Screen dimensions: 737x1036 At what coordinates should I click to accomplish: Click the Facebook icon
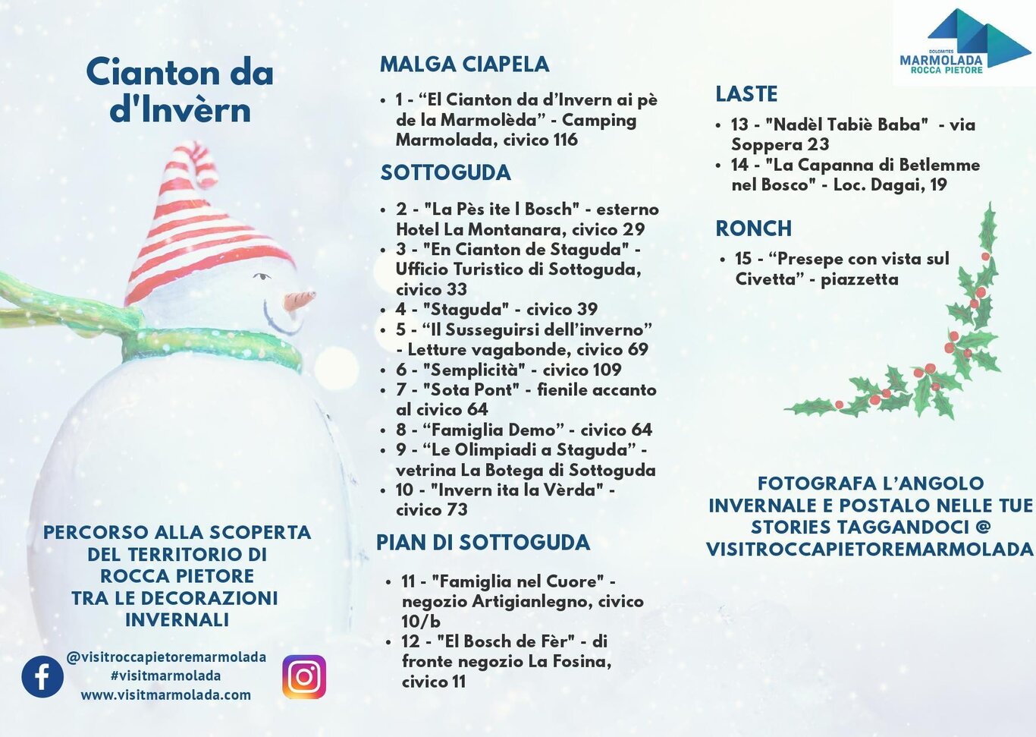(x=42, y=676)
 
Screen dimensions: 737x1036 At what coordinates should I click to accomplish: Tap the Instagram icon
(x=304, y=676)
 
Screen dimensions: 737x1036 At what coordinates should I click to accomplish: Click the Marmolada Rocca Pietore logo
(x=962, y=42)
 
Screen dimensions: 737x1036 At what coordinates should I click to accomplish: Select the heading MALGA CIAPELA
(x=464, y=65)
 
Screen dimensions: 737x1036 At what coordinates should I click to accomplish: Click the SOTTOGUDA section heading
(x=445, y=173)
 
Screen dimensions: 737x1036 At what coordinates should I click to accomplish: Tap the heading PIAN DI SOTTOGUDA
(x=483, y=543)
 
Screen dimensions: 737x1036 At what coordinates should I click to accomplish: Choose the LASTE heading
(x=746, y=94)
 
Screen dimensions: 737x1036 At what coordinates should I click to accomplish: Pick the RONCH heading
(x=753, y=228)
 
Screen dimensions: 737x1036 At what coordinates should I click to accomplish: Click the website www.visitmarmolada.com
(x=166, y=695)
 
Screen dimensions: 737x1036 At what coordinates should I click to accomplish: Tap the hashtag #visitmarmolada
(x=166, y=676)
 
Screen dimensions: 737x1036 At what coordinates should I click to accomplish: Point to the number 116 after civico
(x=565, y=140)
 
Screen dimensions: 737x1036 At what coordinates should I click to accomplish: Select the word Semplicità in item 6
(x=474, y=370)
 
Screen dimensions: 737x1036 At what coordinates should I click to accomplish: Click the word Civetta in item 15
(x=765, y=279)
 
